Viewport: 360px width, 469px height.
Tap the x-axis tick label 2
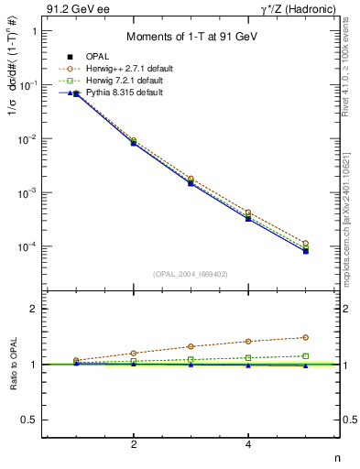(134, 444)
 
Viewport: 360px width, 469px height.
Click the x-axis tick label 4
(248, 444)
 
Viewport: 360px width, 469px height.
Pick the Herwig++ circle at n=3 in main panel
(191, 179)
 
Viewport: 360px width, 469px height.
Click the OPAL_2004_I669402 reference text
(190, 273)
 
